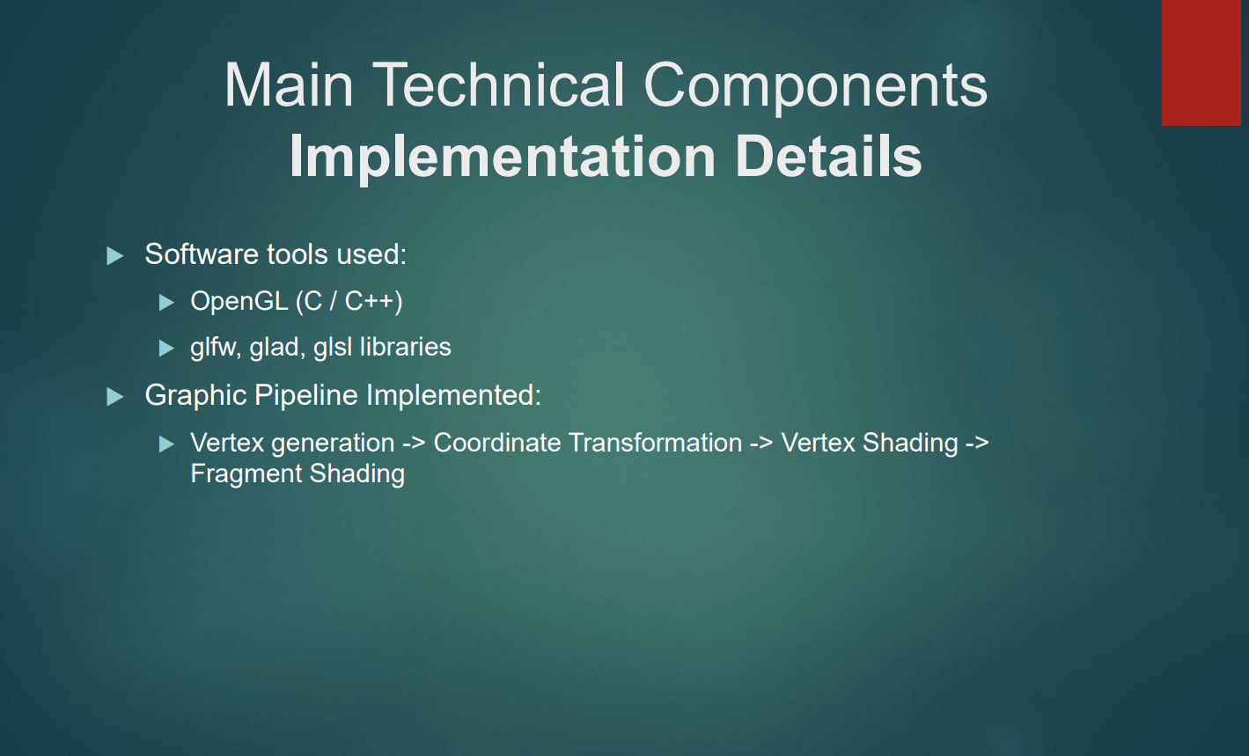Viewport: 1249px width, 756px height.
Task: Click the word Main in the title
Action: pyautogui.click(x=289, y=84)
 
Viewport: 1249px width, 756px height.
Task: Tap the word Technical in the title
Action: pyautogui.click(x=498, y=84)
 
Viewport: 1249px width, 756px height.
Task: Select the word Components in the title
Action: pyautogui.click(x=815, y=88)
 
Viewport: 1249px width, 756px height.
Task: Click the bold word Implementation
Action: pyautogui.click(x=502, y=158)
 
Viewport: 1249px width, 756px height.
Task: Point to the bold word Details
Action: pyautogui.click(x=828, y=156)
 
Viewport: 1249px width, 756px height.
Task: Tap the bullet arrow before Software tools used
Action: pyautogui.click(x=114, y=255)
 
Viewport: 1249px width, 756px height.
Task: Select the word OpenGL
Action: pyautogui.click(x=239, y=301)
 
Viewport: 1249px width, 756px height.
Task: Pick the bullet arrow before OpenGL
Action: pyautogui.click(x=166, y=303)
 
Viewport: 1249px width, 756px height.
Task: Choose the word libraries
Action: pyautogui.click(x=406, y=346)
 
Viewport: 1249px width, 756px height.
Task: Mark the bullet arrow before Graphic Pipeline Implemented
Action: pyautogui.click(x=114, y=396)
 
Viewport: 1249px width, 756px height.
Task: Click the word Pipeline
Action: pyautogui.click(x=306, y=396)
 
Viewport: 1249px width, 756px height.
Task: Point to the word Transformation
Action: pyautogui.click(x=656, y=443)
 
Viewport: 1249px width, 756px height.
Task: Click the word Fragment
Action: pyautogui.click(x=246, y=473)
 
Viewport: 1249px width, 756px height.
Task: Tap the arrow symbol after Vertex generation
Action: pyautogui.click(x=414, y=444)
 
